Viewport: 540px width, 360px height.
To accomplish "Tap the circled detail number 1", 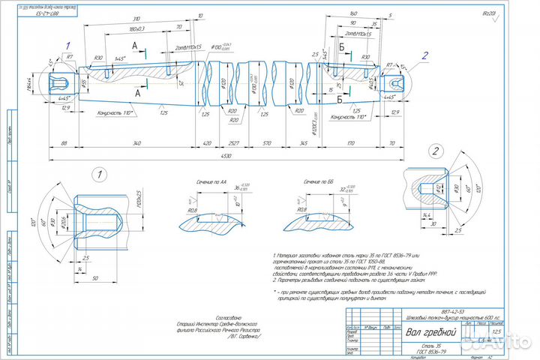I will pyautogui.click(x=96, y=175).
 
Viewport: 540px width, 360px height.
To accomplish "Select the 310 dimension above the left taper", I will pyautogui.click(x=135, y=16).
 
